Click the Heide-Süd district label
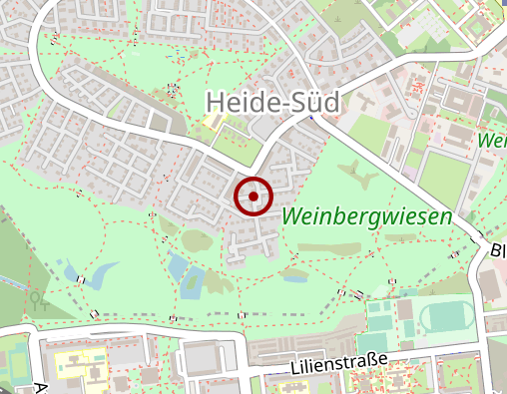click(272, 101)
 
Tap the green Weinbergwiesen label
click(367, 216)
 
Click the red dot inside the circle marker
click(253, 197)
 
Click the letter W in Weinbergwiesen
click(295, 216)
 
